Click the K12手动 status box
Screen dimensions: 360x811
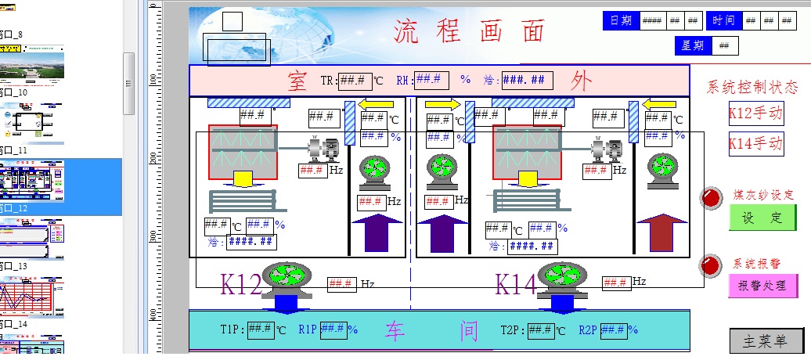coord(755,113)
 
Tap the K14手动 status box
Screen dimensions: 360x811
coord(755,143)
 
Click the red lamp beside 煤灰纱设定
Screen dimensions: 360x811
coord(712,198)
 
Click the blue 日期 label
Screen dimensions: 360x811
coord(621,21)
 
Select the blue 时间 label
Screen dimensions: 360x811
coord(724,21)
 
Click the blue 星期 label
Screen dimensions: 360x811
coord(692,45)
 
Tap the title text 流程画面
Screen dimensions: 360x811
coord(469,32)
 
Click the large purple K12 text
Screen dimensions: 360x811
coord(241,284)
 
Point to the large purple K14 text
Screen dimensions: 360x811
coord(516,284)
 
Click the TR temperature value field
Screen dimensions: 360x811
coord(355,80)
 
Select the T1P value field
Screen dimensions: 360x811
coord(260,329)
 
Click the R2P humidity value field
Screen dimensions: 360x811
coord(613,329)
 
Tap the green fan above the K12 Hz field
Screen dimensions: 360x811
coord(287,275)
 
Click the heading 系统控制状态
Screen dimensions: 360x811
coord(752,87)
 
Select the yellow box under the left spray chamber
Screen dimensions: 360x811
coord(243,178)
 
